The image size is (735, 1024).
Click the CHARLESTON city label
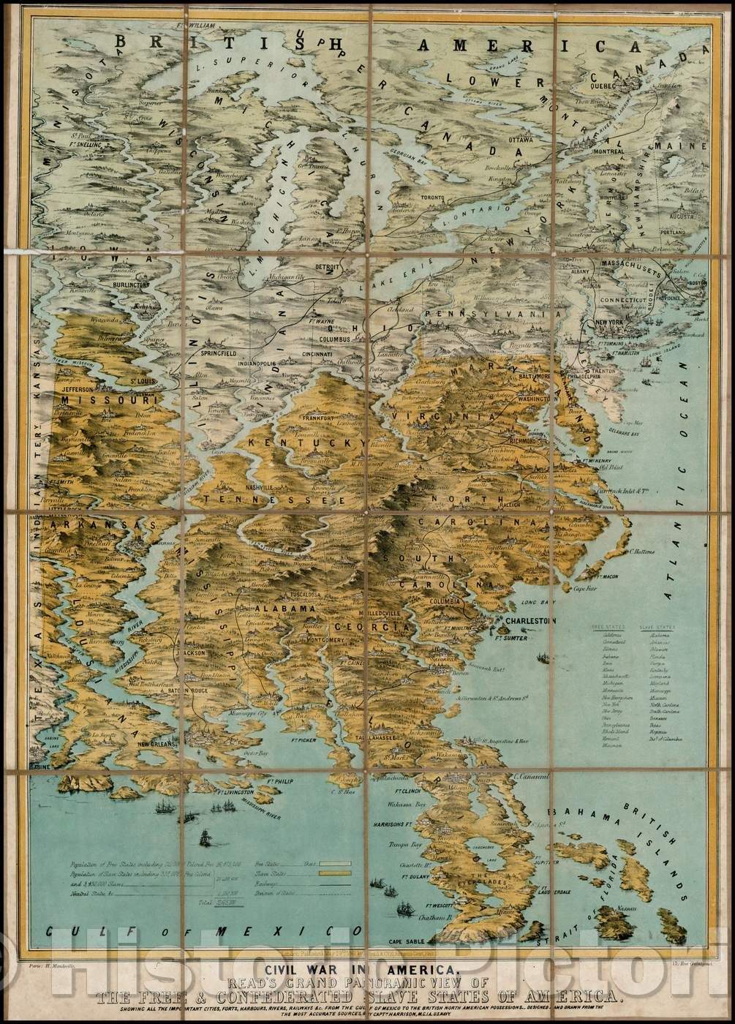point(527,621)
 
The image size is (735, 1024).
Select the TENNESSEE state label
point(264,499)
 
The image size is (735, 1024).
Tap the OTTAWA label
point(520,138)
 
